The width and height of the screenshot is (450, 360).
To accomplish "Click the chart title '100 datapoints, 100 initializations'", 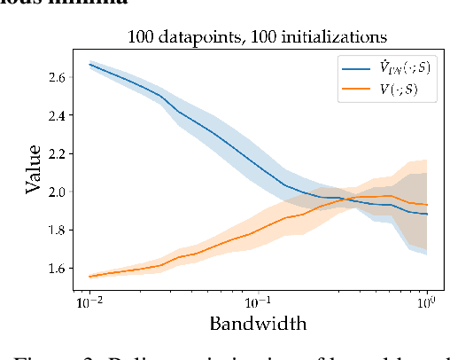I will click(x=258, y=37).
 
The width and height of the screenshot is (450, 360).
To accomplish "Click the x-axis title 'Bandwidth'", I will click(x=258, y=324).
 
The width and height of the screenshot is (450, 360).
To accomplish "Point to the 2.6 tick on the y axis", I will click(x=58, y=78).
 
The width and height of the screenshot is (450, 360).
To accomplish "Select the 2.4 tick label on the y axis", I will click(x=58, y=115).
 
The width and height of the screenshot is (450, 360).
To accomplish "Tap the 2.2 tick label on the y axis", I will click(x=58, y=153).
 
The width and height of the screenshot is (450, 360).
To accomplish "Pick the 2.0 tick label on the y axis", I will click(x=58, y=192).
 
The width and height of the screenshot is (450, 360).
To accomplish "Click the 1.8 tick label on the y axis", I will click(x=58, y=230).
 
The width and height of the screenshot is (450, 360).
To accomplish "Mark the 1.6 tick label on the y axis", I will click(x=58, y=268).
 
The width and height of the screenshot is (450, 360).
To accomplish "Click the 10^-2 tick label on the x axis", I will click(x=89, y=303).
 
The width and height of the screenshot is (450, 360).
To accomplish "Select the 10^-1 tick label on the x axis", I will click(x=258, y=303).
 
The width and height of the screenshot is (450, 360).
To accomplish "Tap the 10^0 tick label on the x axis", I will click(x=427, y=303).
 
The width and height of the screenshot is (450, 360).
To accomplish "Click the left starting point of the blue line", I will click(x=89, y=64).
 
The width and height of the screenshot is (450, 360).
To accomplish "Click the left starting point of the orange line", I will click(x=89, y=276).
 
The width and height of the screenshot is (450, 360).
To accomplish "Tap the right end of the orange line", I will click(x=428, y=205).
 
